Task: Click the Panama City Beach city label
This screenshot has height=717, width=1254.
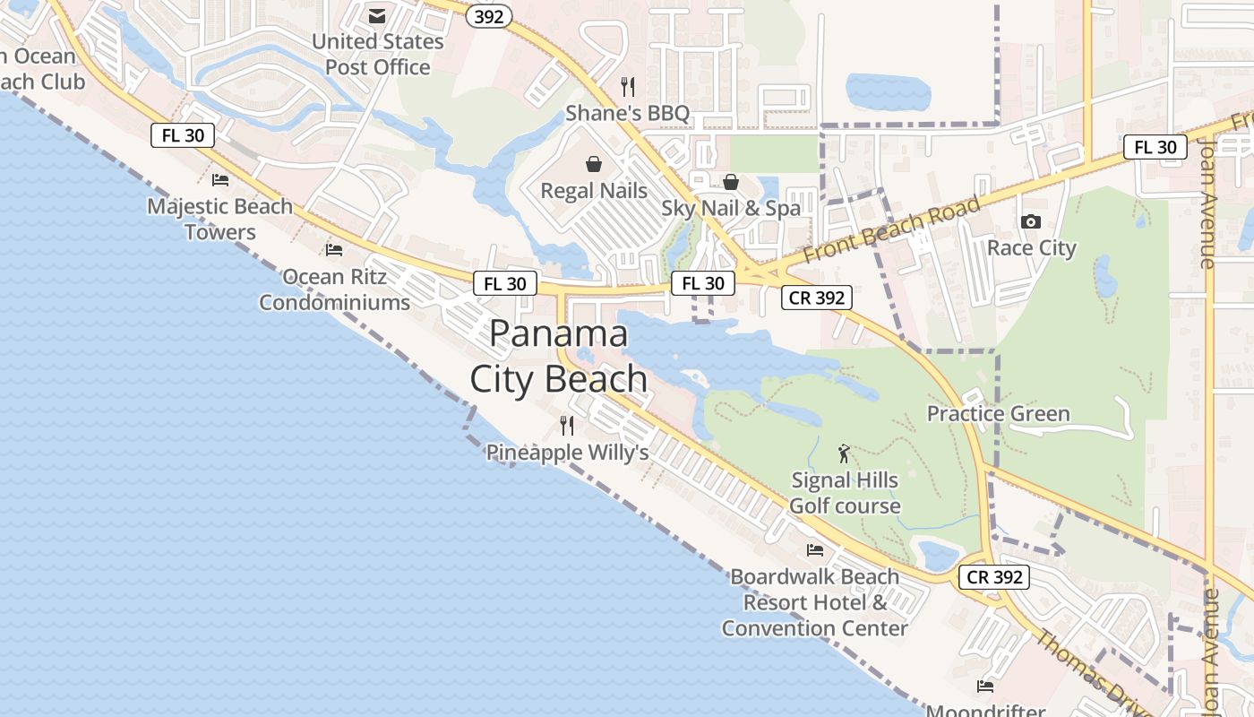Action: (559, 356)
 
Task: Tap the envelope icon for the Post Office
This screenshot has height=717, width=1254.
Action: (377, 16)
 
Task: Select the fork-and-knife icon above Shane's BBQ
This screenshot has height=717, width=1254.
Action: (628, 87)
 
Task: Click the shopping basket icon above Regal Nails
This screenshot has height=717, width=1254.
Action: (593, 164)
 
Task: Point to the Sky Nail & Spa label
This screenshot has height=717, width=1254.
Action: (731, 208)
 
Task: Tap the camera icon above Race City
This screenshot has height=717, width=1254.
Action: (1031, 221)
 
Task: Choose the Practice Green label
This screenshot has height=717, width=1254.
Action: (998, 413)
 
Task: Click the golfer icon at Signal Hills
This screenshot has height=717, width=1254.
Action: (843, 454)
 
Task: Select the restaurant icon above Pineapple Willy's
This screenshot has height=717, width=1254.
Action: (566, 425)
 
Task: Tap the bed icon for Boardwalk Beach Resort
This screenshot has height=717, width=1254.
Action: (815, 549)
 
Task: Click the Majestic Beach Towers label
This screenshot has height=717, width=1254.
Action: (220, 219)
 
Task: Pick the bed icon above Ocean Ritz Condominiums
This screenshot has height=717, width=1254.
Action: (334, 250)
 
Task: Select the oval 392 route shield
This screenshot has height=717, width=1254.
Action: (489, 16)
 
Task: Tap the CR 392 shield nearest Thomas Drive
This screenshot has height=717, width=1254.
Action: (995, 577)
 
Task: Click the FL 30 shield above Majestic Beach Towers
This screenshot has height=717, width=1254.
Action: (183, 135)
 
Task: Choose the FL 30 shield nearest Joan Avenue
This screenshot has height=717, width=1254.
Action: (1155, 147)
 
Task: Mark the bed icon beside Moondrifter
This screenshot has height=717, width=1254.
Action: (985, 687)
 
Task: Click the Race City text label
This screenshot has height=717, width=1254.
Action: (1031, 247)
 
